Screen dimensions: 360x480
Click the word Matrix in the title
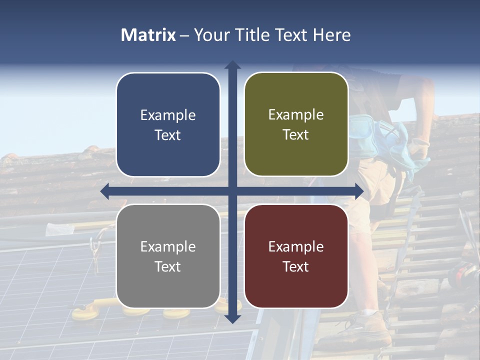pyautogui.click(x=148, y=35)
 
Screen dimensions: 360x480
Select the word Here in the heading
pyautogui.click(x=332, y=35)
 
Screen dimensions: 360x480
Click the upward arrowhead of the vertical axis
pyautogui.click(x=232, y=65)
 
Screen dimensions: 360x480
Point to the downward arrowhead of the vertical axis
pyautogui.click(x=232, y=318)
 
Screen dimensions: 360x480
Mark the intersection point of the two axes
pyautogui.click(x=232, y=190)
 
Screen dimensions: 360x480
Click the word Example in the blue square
pyautogui.click(x=168, y=115)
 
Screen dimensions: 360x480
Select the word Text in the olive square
pyautogui.click(x=296, y=134)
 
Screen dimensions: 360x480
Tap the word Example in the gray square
pyautogui.click(x=168, y=246)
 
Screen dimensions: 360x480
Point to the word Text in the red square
pyautogui.click(x=296, y=266)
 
